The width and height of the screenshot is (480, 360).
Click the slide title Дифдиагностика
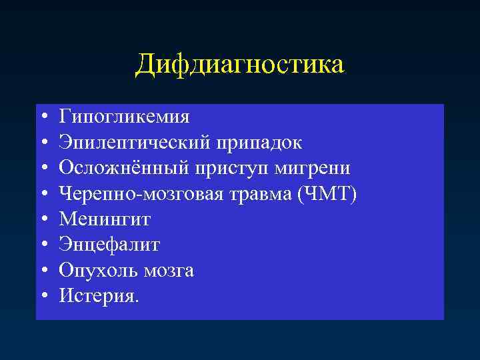(x=240, y=65)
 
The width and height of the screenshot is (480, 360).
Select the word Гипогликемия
(x=124, y=117)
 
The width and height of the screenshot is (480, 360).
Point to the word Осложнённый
(x=124, y=168)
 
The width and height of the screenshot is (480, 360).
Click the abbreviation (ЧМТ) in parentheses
(x=327, y=193)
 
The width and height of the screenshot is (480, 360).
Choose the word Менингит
(x=105, y=219)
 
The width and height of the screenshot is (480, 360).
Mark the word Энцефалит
(x=109, y=244)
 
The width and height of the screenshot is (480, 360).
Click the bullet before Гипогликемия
(x=43, y=118)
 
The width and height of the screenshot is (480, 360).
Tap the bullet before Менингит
(x=43, y=219)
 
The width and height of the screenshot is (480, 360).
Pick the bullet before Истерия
(x=43, y=295)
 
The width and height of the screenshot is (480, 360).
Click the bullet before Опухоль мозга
(x=43, y=270)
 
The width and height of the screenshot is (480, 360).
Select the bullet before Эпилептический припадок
(x=43, y=143)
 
